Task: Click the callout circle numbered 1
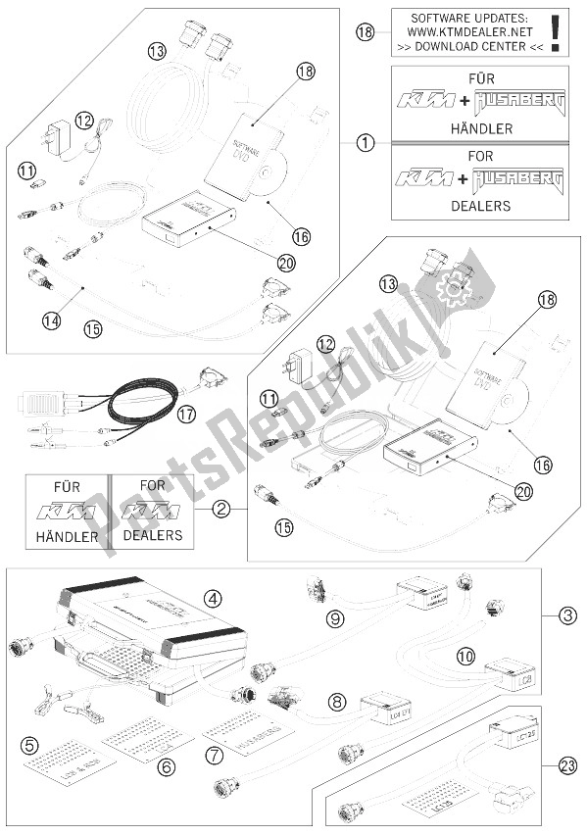point(365,142)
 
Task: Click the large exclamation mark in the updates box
point(556,31)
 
